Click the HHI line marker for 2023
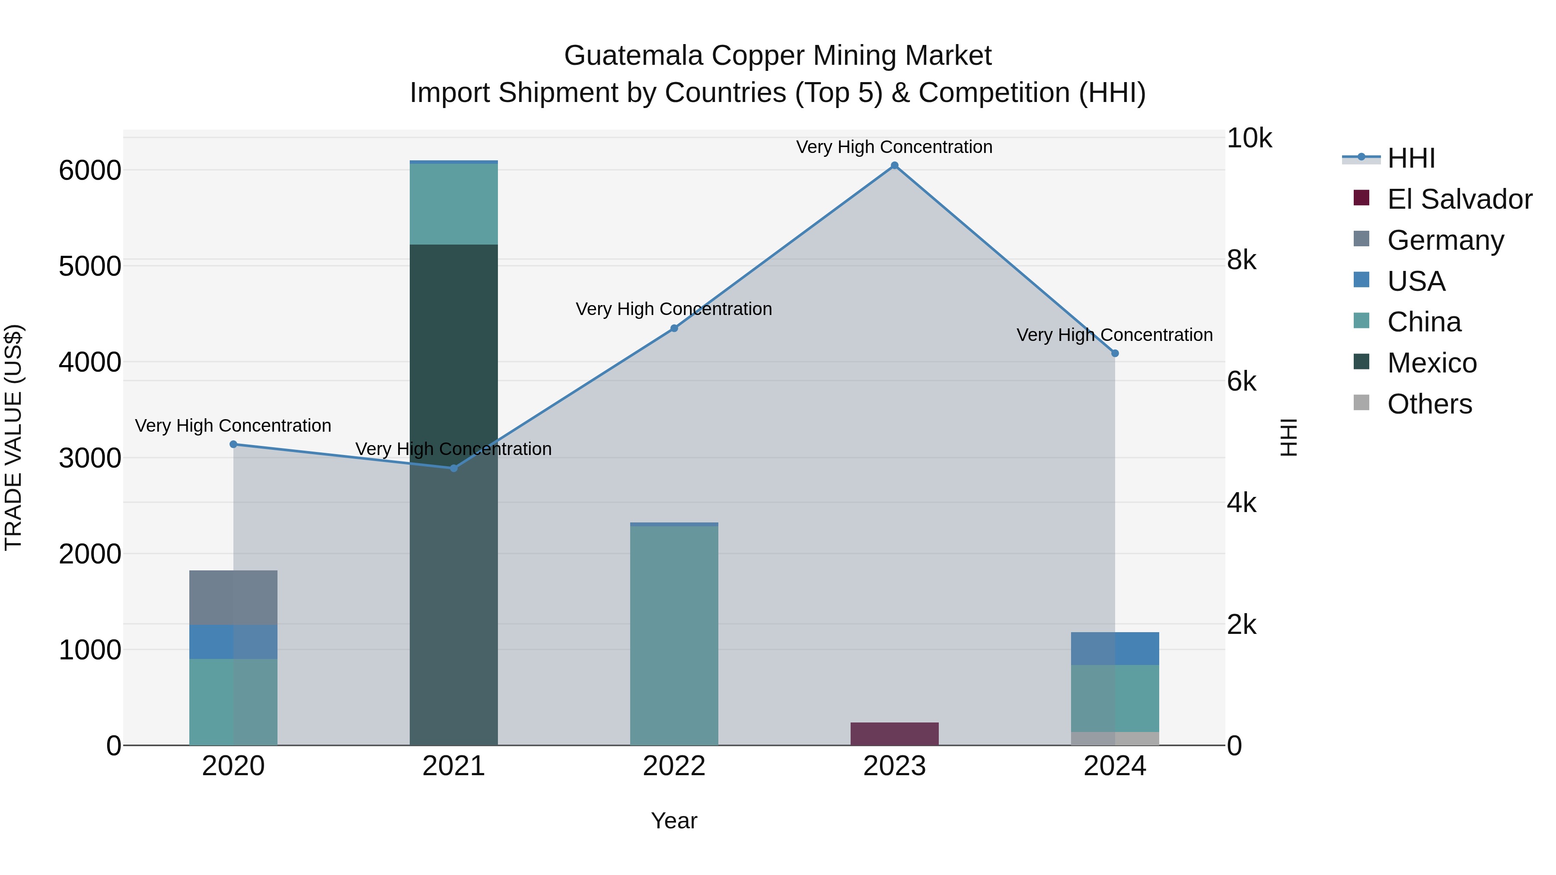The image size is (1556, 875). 895,165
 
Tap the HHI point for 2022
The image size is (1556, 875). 674,328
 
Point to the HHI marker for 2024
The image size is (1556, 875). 1115,353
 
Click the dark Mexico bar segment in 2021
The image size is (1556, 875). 454,363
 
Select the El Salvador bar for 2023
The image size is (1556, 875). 895,734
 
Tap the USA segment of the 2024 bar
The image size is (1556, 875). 1115,649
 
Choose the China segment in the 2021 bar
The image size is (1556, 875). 454,204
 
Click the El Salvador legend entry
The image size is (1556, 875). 1459,199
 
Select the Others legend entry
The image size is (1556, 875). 1429,404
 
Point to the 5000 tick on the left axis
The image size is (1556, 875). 90,266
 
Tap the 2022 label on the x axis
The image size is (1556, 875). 674,766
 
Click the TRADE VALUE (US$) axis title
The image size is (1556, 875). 14,437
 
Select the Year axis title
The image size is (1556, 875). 674,821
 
